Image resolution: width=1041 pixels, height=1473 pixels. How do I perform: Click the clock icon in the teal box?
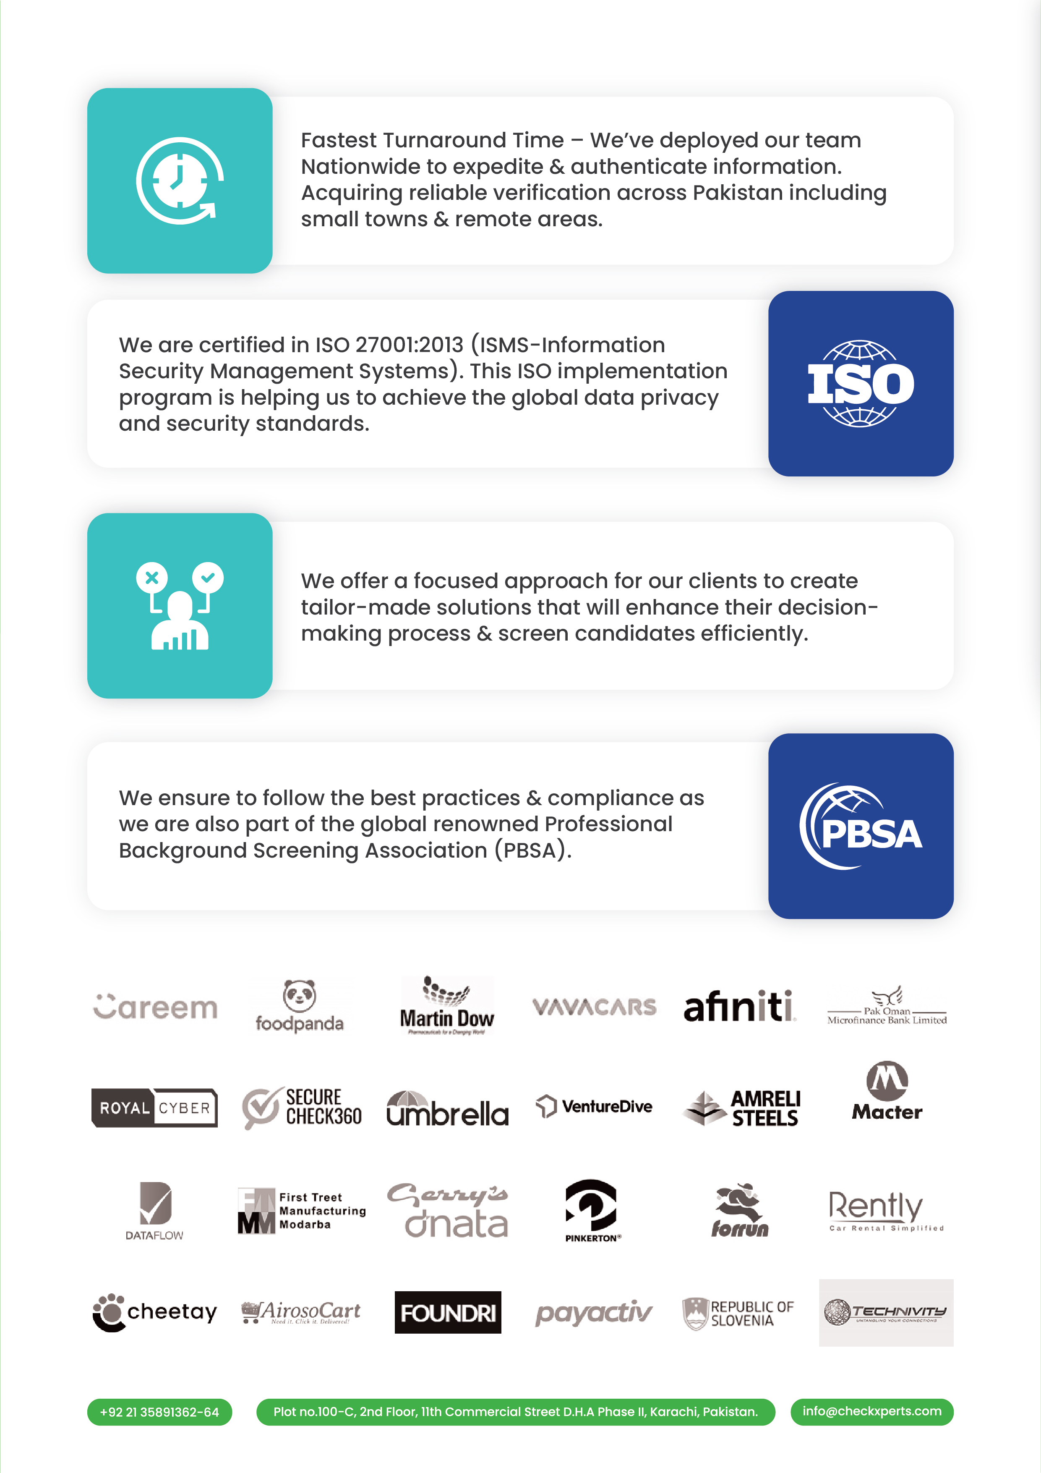click(180, 181)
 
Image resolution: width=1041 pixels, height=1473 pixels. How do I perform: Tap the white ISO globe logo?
click(860, 384)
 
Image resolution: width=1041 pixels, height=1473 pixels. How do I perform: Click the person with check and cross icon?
click(180, 606)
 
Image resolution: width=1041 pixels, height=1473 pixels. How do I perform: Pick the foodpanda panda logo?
click(300, 1005)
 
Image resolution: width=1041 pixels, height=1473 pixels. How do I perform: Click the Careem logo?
click(155, 1007)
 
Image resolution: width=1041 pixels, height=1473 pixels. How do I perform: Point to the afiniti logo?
click(739, 1006)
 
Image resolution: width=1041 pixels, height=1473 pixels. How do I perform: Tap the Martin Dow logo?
click(447, 1006)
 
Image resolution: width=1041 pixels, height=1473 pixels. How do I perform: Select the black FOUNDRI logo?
click(448, 1313)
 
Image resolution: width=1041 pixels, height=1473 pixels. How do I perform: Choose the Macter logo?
click(887, 1092)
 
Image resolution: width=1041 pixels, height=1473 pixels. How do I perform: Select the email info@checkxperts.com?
click(871, 1411)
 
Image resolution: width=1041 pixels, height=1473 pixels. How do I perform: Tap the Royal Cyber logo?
click(154, 1107)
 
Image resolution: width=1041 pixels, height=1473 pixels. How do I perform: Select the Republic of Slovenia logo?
click(738, 1313)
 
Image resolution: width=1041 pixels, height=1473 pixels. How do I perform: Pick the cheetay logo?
click(154, 1313)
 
